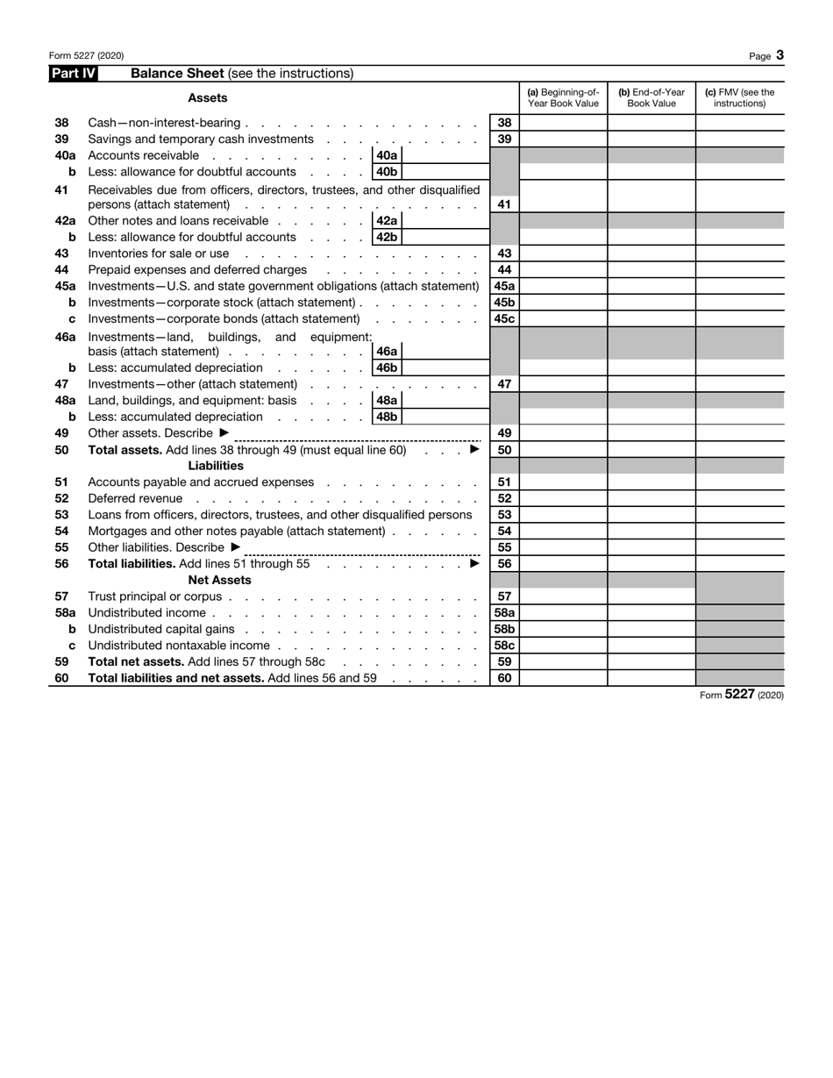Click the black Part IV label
(73, 74)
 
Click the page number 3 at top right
(780, 55)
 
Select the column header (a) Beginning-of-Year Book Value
(563, 97)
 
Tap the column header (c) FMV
(739, 97)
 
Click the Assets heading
(208, 98)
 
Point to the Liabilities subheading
(216, 466)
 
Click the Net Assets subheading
(219, 580)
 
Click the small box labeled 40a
(387, 155)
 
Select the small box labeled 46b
(387, 368)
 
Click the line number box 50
(504, 449)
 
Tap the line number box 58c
(504, 646)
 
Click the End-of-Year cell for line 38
(651, 123)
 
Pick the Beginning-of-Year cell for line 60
(563, 678)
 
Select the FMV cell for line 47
(739, 384)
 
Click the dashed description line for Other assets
(358, 436)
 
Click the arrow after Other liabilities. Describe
(235, 547)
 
